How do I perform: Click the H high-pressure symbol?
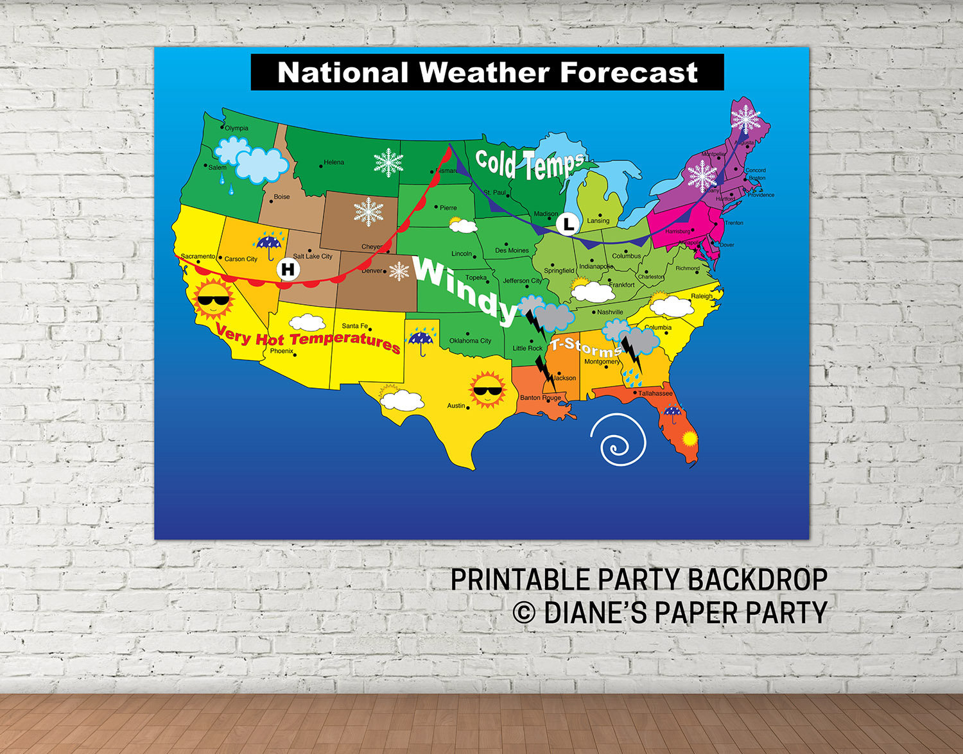[x=288, y=269]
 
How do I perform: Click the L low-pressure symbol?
[x=568, y=224]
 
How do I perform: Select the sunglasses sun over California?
[x=213, y=299]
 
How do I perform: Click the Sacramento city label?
[x=198, y=256]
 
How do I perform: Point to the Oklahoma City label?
[x=470, y=341]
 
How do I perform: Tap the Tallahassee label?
[x=655, y=393]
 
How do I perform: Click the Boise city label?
[x=282, y=197]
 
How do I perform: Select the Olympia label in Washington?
[x=236, y=128]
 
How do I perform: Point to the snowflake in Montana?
[x=388, y=163]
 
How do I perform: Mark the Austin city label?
[x=456, y=406]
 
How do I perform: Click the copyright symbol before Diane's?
[x=524, y=613]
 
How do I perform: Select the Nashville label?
[x=610, y=313]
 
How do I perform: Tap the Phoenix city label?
[x=281, y=351]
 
